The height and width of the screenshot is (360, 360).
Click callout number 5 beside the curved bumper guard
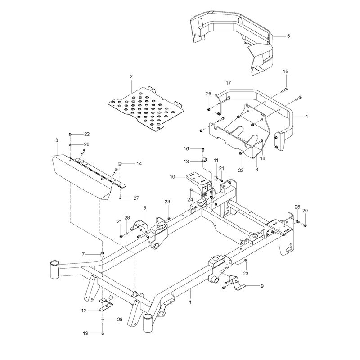[288, 36]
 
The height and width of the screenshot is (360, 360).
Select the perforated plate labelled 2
[146, 108]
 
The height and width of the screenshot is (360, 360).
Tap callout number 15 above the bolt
[285, 72]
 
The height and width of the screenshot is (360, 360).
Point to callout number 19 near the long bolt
[85, 333]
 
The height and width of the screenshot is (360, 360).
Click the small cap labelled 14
[120, 164]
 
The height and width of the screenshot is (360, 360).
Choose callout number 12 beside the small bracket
[84, 310]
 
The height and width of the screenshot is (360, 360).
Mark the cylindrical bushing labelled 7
[102, 254]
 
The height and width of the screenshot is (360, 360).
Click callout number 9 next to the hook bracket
[262, 286]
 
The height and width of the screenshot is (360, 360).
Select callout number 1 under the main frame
[190, 302]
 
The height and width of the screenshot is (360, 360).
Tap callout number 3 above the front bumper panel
[57, 140]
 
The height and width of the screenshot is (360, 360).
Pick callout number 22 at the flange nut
[86, 134]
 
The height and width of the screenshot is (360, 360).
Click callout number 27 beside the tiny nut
[136, 198]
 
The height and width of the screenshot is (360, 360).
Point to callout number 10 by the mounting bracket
[172, 177]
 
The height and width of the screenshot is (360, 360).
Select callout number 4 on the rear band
[306, 117]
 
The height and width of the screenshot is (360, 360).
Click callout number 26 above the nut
[208, 94]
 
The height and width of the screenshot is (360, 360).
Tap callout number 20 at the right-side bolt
[305, 211]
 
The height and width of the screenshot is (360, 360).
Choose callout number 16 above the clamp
[186, 149]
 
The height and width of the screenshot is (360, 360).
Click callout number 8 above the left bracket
[144, 208]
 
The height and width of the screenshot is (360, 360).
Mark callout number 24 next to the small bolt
[190, 200]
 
